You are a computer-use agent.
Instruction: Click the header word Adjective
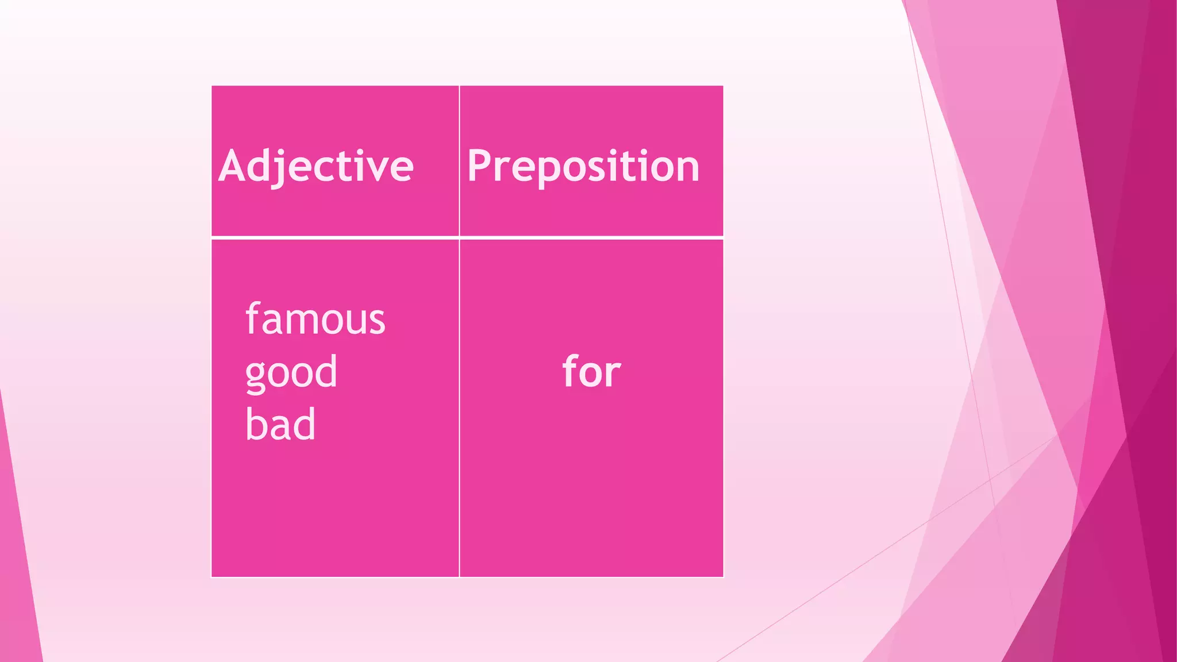tap(316, 166)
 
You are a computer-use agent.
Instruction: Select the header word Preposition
tap(583, 166)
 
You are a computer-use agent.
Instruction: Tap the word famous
tap(315, 319)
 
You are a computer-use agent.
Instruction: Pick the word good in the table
tap(291, 372)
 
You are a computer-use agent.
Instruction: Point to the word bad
tap(280, 424)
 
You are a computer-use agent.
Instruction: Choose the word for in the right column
tap(591, 371)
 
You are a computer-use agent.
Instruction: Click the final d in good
tap(326, 371)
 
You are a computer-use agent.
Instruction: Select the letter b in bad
tap(256, 424)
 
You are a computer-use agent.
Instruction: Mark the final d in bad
tap(305, 424)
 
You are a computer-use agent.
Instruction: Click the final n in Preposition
tap(687, 169)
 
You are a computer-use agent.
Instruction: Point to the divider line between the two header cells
tap(459, 161)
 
